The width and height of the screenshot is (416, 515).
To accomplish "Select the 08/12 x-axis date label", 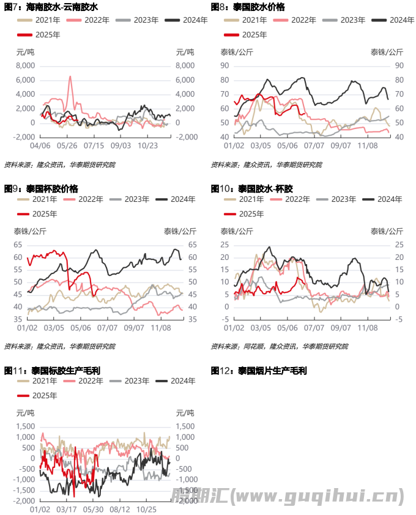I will [120, 509].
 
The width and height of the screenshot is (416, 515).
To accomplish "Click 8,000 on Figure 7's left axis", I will [24, 65].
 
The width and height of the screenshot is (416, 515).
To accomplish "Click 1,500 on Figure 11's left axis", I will [23, 426].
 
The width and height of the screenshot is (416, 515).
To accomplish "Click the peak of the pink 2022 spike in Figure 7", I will [70, 76].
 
